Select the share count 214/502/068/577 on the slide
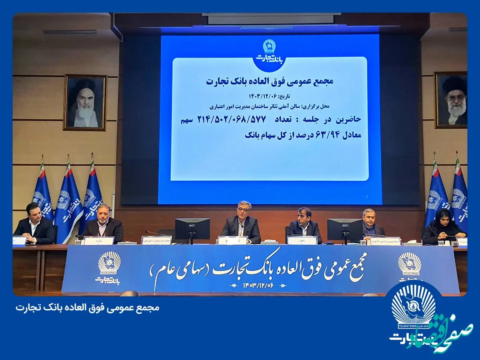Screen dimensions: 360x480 coord(300,119)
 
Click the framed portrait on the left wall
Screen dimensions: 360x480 coord(85,102)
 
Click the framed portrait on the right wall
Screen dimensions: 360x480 coord(451,100)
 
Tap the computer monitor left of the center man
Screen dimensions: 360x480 coord(192,229)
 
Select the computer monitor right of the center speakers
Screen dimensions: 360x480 coord(345,229)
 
